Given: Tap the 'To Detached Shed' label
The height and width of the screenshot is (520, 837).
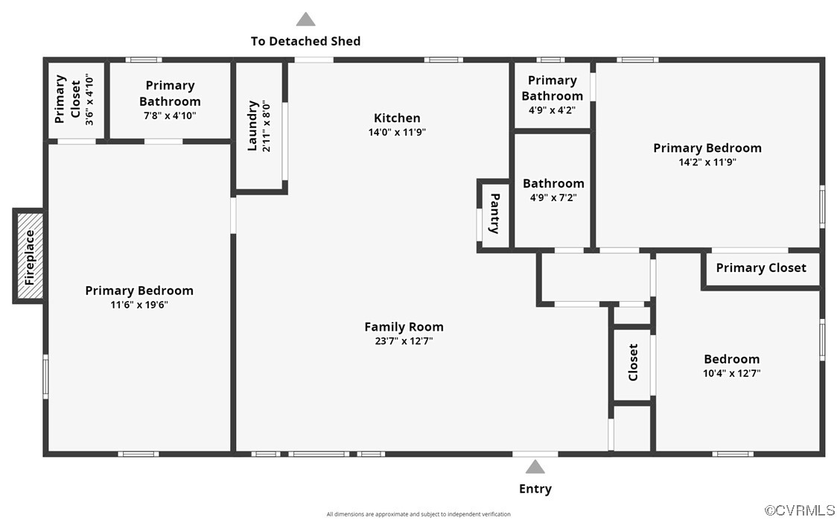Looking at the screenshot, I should (305, 41).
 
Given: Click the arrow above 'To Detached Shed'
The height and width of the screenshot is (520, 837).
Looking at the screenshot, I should (305, 19).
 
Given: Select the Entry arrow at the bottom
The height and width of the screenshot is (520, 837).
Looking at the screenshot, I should (535, 467).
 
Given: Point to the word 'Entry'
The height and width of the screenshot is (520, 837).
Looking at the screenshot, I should (535, 489).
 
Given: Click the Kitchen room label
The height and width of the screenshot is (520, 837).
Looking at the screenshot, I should (397, 118).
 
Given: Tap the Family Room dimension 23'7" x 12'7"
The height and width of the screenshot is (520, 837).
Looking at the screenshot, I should (404, 341).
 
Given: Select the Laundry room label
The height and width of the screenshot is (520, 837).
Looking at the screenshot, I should (252, 126).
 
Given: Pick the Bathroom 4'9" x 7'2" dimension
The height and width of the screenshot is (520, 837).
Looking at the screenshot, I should (553, 197).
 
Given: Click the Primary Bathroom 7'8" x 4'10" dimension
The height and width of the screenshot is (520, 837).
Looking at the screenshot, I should (170, 115).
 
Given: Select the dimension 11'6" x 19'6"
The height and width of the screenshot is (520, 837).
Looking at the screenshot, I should (139, 305).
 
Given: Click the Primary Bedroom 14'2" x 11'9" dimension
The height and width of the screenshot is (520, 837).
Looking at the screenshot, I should (707, 162).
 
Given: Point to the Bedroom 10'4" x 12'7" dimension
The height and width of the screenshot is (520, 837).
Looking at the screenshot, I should (731, 373).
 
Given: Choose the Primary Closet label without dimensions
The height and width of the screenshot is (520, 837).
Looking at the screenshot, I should (760, 268).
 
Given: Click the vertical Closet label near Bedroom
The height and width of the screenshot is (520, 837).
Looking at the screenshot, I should (633, 362).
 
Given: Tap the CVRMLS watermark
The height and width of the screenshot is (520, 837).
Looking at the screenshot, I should (800, 510).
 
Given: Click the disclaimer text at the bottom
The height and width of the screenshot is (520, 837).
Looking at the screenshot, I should (418, 514).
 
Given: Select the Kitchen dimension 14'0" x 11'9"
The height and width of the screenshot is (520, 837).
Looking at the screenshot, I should (397, 133).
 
